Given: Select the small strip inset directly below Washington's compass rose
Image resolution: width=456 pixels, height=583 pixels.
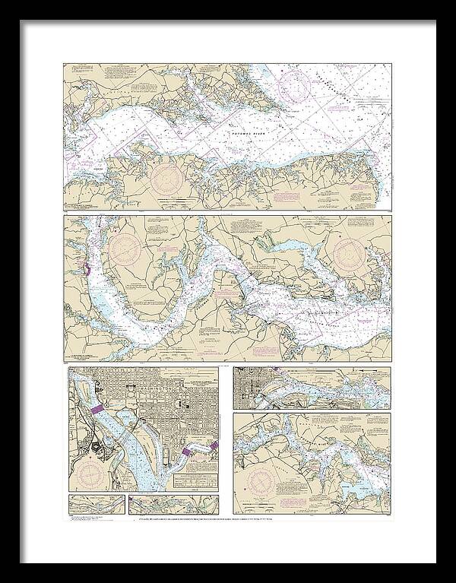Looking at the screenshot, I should tap(95, 503).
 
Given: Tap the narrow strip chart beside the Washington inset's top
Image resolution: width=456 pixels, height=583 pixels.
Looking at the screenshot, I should tap(312, 388).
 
